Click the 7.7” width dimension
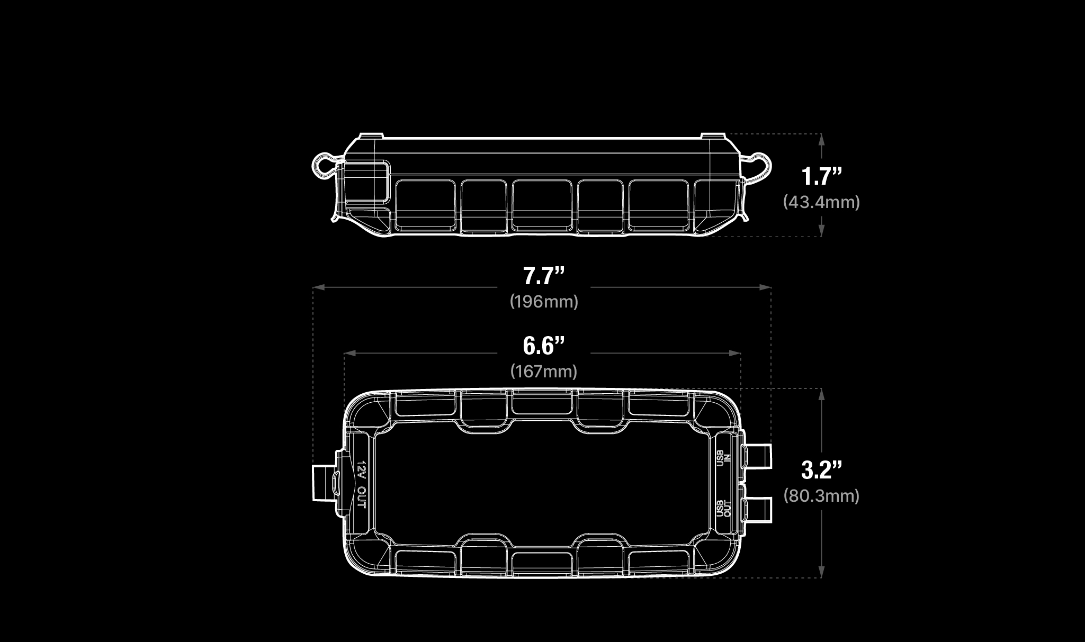click(544, 276)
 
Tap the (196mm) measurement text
click(544, 302)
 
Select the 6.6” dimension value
click(544, 346)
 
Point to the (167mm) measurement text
click(544, 372)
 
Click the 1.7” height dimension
click(821, 176)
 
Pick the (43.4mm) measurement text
click(821, 202)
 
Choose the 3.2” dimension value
click(821, 470)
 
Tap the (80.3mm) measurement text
click(821, 496)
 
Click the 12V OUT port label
click(361, 483)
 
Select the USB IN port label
click(723, 458)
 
